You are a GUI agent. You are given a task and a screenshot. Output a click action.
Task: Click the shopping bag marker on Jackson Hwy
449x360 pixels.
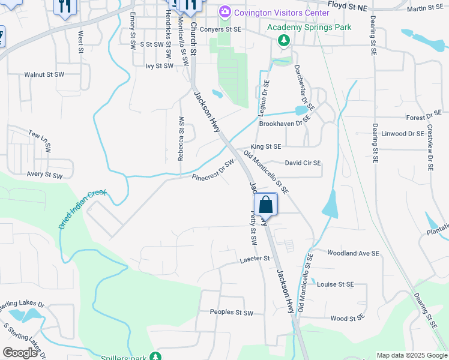coord(265,205)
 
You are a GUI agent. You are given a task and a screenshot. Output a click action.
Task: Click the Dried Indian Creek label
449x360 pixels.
coord(82,209)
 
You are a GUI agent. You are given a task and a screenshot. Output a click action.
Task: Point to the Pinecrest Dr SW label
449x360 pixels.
coord(213,172)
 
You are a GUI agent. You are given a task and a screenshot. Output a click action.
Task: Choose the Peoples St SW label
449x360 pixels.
coord(232,313)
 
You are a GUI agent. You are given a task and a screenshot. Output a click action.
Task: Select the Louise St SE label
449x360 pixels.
coord(336,284)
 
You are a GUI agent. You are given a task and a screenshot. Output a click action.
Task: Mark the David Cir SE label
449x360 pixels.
coord(303,163)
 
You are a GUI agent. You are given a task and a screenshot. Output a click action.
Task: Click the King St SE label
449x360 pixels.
coord(266,146)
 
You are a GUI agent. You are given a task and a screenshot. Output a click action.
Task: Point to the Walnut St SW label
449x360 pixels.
coord(44,74)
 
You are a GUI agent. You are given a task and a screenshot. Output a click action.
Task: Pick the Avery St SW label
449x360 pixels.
coord(44,175)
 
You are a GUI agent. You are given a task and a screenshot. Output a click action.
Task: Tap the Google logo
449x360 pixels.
coord(20,353)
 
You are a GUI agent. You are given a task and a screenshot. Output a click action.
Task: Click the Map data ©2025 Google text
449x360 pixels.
coord(411,355)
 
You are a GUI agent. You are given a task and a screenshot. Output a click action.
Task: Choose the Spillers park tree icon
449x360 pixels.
coord(155,356)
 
